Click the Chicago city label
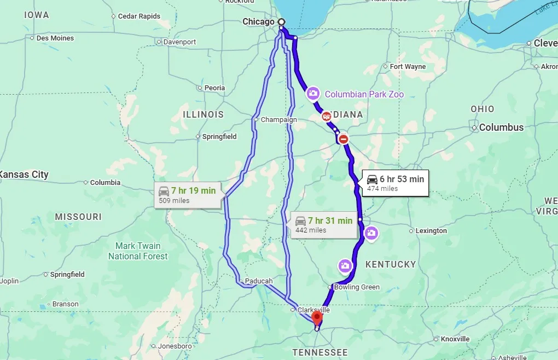click(x=258, y=22)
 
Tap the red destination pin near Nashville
click(x=317, y=317)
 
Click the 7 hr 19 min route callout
click(x=188, y=195)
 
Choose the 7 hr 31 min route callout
click(x=323, y=225)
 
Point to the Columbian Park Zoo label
click(x=364, y=94)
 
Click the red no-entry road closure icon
click(x=344, y=140)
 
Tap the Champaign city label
click(x=278, y=120)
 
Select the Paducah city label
click(x=258, y=281)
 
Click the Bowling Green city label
click(x=357, y=287)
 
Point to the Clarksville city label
click(x=313, y=310)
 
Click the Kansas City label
click(x=24, y=175)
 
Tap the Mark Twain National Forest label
click(x=138, y=251)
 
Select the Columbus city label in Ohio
click(x=501, y=127)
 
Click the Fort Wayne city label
click(x=408, y=67)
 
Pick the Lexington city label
click(x=431, y=231)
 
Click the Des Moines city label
click(x=55, y=38)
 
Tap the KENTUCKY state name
click(x=391, y=264)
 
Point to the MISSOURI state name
click(x=78, y=217)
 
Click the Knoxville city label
click(x=455, y=339)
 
